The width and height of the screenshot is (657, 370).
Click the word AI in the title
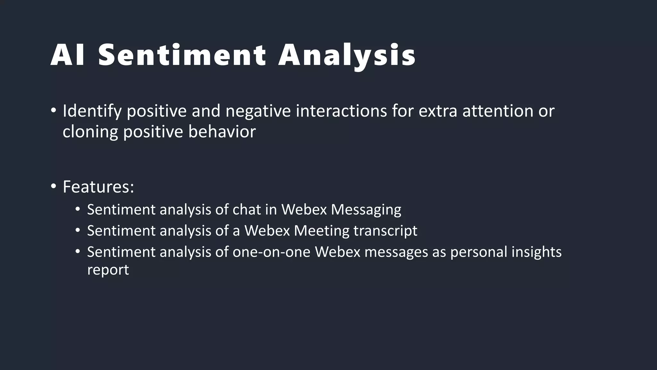coord(68,55)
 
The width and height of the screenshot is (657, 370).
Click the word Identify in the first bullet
coord(92,111)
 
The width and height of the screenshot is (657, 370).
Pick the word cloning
coord(90,132)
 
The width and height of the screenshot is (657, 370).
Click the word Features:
coord(98,187)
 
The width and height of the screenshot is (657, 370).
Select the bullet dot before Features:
coord(53,186)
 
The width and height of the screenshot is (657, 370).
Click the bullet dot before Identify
coord(53,111)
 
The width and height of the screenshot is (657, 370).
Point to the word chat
coord(246,210)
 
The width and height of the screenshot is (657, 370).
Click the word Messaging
coord(366,210)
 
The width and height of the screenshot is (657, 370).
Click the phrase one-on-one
coord(271,252)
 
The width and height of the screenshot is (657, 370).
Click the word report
coord(108,270)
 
